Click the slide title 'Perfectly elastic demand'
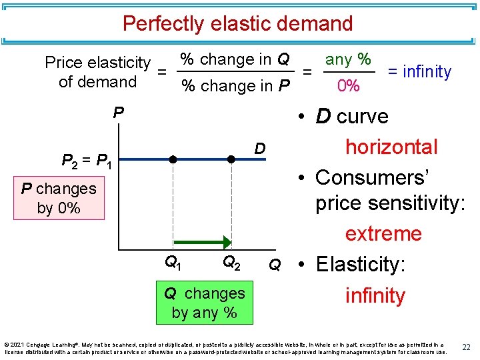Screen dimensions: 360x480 [x=237, y=24]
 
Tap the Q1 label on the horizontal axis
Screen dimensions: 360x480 [x=174, y=263]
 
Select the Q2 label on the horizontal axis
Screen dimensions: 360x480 [x=231, y=263]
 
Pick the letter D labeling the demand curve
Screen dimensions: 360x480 [x=261, y=147]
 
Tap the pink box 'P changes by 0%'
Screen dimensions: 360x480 [x=59, y=198]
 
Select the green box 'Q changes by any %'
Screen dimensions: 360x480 [x=204, y=303]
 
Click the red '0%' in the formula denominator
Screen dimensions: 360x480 [x=348, y=86]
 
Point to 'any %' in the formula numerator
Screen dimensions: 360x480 [x=348, y=59]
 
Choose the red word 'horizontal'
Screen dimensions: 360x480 [x=391, y=147]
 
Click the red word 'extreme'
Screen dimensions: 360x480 [x=383, y=234]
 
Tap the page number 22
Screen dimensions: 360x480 [x=467, y=347]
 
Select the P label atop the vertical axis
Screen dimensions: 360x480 [x=118, y=112]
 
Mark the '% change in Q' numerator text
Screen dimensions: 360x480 [x=235, y=59]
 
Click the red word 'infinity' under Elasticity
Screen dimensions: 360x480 [x=375, y=295]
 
